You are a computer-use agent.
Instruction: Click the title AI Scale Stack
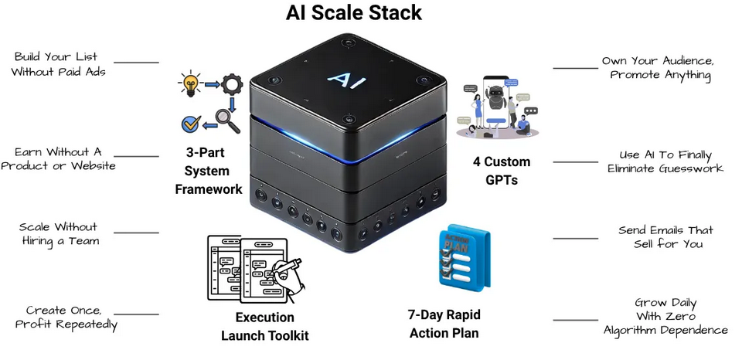pyautogui.click(x=354, y=13)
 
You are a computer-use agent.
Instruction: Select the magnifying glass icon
pyautogui.click(x=227, y=121)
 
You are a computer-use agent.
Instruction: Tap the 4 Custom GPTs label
pyautogui.click(x=502, y=171)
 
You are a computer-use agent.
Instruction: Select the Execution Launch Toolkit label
pyautogui.click(x=264, y=326)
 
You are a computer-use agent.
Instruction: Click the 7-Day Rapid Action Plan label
pyautogui.click(x=443, y=324)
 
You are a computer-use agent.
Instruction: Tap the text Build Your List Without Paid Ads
pyautogui.click(x=60, y=64)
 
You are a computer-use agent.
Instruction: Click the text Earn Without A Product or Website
pyautogui.click(x=58, y=158)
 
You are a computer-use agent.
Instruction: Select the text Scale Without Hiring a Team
pyautogui.click(x=59, y=233)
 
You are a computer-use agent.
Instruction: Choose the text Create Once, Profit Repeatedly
pyautogui.click(x=66, y=317)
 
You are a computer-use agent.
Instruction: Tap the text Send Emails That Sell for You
pyautogui.click(x=665, y=236)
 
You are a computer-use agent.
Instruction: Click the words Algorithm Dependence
pyautogui.click(x=665, y=330)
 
